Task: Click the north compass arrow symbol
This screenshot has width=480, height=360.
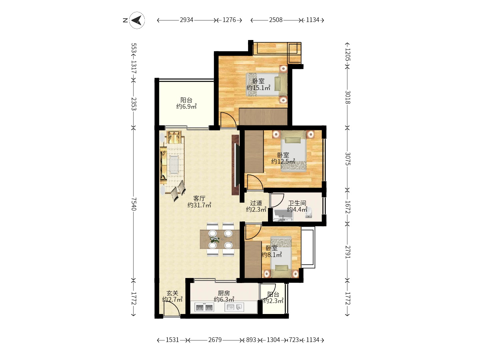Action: pos(137,20)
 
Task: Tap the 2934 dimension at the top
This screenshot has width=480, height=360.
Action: pos(187,20)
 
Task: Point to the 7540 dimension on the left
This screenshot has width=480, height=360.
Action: pos(134,204)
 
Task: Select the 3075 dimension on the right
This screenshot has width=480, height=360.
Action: pos(347,159)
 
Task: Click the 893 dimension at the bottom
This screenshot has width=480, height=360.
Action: pos(251,340)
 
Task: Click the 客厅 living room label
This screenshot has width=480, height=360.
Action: pos(199,198)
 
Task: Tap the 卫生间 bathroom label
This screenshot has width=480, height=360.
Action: pos(297,203)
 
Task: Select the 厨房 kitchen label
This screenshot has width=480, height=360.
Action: pos(224,293)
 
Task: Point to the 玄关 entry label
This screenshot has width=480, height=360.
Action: pos(172,293)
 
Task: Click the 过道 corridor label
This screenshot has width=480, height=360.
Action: pos(256,203)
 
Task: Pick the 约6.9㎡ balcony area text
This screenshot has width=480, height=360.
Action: pos(186,106)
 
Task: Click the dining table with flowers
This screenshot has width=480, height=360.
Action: pos(220,239)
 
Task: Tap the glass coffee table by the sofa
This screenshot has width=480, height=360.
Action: pos(174,164)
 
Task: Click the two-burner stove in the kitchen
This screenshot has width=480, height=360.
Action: pos(204,308)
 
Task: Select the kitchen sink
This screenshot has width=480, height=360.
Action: pos(234,307)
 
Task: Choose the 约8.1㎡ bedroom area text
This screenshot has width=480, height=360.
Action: pos(272,255)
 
